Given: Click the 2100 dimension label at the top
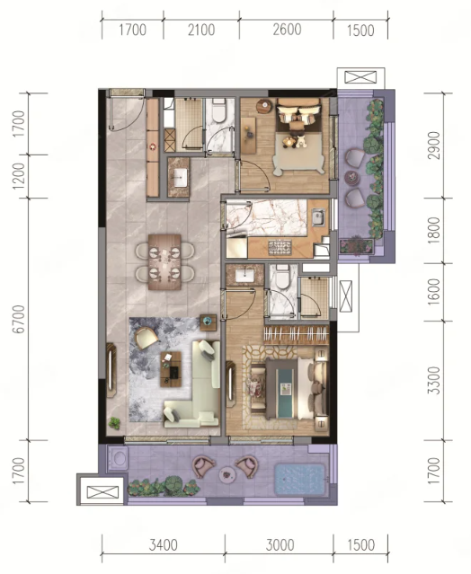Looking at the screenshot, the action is (x=201, y=30).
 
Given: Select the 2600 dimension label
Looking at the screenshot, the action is (x=287, y=30).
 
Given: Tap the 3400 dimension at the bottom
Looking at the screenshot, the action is (x=164, y=545).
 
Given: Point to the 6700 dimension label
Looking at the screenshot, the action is (x=18, y=319).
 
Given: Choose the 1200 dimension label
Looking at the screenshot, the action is (x=18, y=176).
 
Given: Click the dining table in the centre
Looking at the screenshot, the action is (x=164, y=261).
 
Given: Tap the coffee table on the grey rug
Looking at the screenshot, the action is (x=171, y=369).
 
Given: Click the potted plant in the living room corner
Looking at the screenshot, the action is (x=114, y=424).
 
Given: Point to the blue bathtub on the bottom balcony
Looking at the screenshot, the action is (x=300, y=480).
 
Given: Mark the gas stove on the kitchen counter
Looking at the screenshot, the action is (x=280, y=247).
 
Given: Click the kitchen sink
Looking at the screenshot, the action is (x=317, y=217).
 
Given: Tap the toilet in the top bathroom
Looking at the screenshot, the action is (x=219, y=110).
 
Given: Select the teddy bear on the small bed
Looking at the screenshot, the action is (x=301, y=142).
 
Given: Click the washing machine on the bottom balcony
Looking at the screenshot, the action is (x=118, y=459).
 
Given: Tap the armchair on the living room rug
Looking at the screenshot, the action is (x=147, y=338).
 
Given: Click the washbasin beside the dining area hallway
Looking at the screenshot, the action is (x=180, y=178).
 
